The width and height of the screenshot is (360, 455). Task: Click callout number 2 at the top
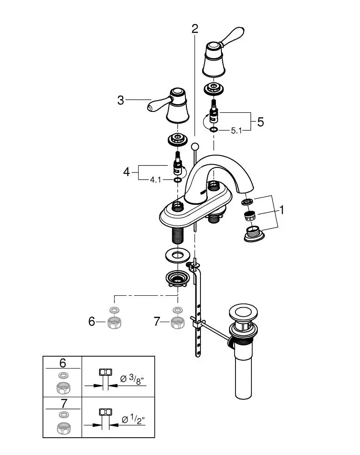coord(195,29)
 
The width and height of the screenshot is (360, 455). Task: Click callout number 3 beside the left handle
coord(120,101)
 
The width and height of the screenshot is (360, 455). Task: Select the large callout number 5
coord(260,122)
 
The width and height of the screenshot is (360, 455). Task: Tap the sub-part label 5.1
coord(236,131)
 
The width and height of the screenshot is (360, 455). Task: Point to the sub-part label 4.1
coord(155,180)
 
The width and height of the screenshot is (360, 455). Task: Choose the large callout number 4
coord(126,172)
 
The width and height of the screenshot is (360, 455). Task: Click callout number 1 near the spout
coord(281,210)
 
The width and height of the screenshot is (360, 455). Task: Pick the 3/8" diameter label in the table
coord(132,379)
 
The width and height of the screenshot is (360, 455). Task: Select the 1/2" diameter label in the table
coord(133,420)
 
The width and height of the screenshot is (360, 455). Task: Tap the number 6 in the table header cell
coord(63,363)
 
